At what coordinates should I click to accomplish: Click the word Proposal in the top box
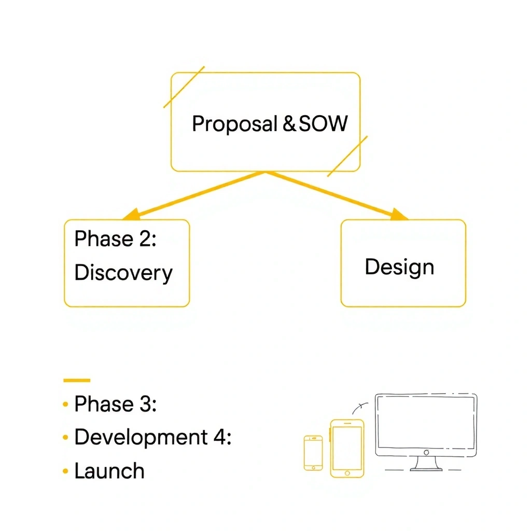(234, 124)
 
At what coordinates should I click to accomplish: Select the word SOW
(323, 124)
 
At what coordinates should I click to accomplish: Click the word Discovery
(123, 273)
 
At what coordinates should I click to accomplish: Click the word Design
(399, 268)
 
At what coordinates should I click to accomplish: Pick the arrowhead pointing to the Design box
(400, 215)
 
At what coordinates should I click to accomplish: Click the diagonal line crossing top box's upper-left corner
(184, 87)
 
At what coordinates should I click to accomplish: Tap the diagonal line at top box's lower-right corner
(347, 156)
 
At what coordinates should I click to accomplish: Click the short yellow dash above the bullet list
(76, 380)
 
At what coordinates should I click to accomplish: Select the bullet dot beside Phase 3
(65, 404)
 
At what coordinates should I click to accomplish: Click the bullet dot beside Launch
(65, 471)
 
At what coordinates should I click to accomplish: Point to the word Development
(141, 438)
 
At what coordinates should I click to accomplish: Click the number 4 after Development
(219, 437)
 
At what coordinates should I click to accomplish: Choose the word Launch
(109, 471)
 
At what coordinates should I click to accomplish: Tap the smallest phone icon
(313, 453)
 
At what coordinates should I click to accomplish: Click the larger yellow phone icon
(347, 448)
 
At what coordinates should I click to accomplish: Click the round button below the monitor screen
(426, 452)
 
